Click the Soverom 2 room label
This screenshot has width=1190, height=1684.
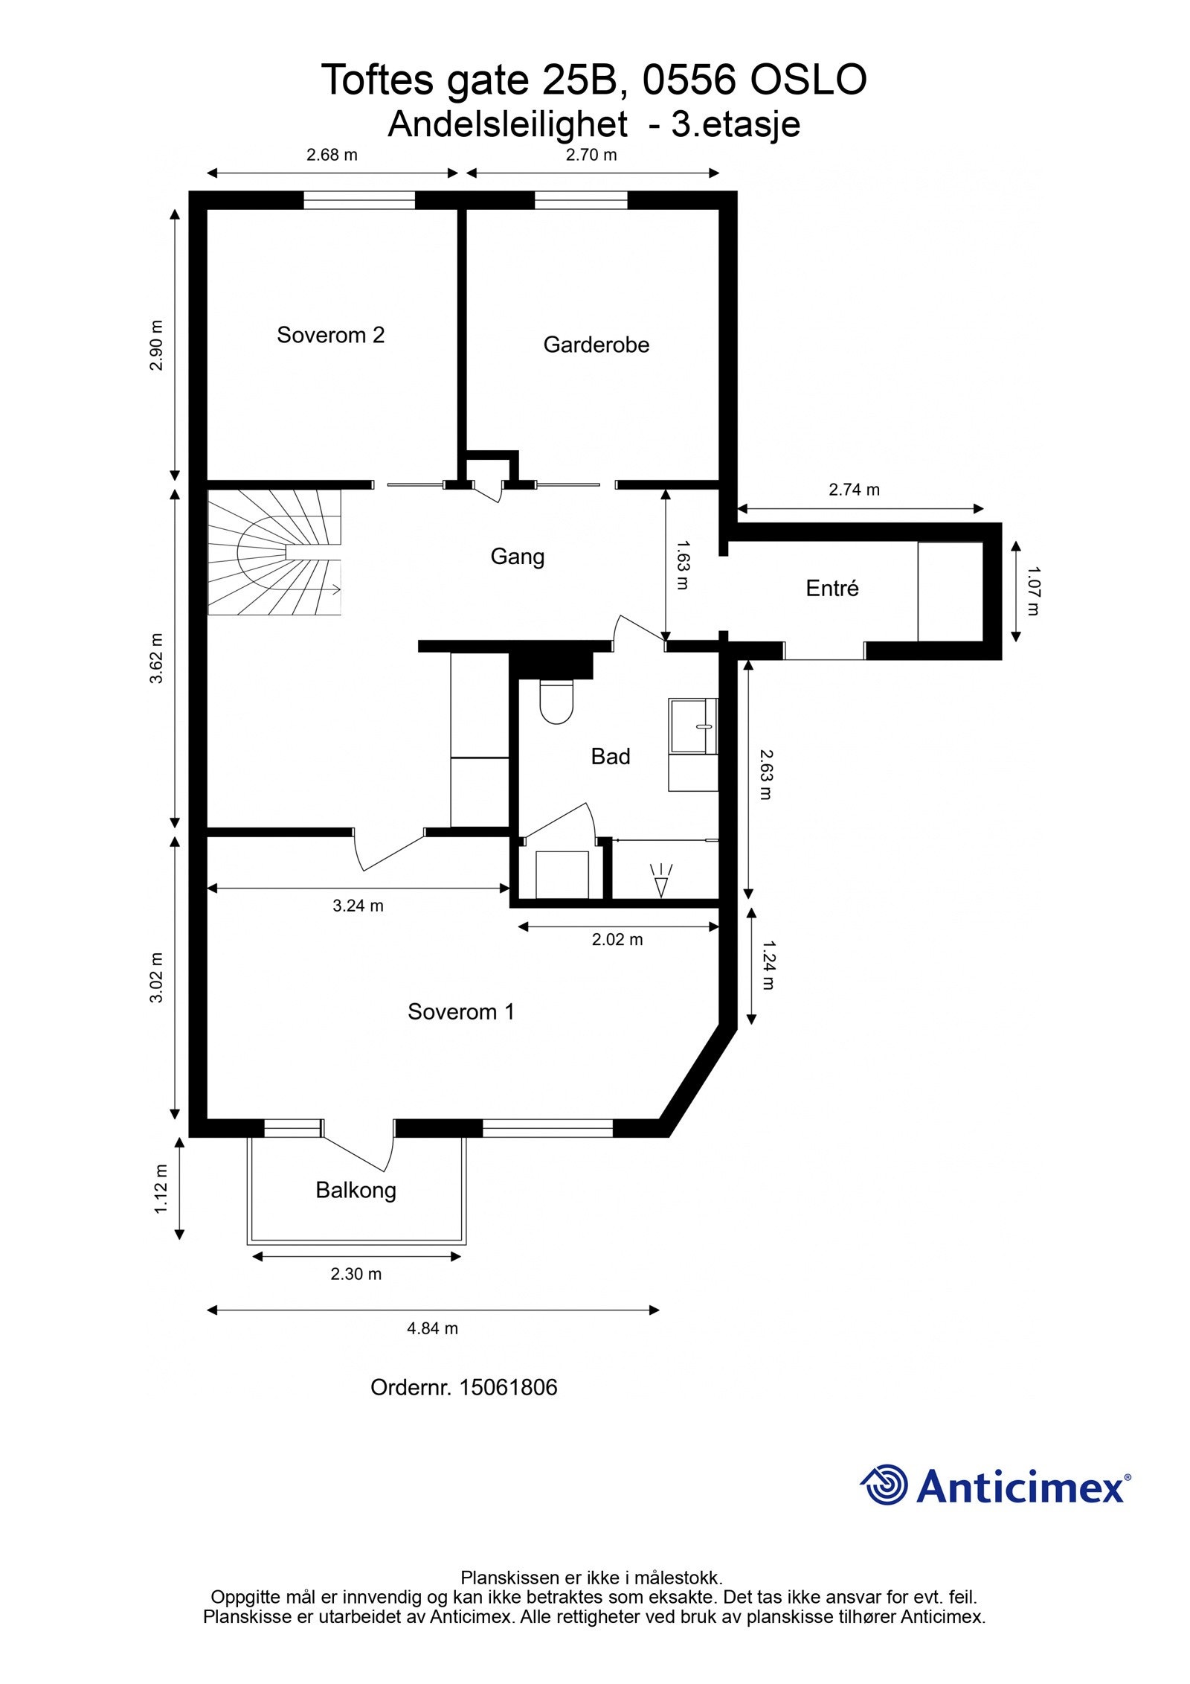330,335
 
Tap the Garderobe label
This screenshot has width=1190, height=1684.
596,345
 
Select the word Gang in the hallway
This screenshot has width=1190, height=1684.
517,556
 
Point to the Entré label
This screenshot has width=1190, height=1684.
832,588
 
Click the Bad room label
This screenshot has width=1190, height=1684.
610,756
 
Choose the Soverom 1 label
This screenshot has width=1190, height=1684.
460,1011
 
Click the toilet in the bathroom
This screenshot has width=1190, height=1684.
556,701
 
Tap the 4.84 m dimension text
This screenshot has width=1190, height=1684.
432,1328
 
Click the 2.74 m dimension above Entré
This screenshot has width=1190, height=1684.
854,489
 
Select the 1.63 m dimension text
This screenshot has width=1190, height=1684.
683,565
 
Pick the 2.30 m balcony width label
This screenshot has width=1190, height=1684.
356,1273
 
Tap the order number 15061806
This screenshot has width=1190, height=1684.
508,1387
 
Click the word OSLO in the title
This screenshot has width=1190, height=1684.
808,80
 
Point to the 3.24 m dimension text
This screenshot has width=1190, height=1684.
358,905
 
